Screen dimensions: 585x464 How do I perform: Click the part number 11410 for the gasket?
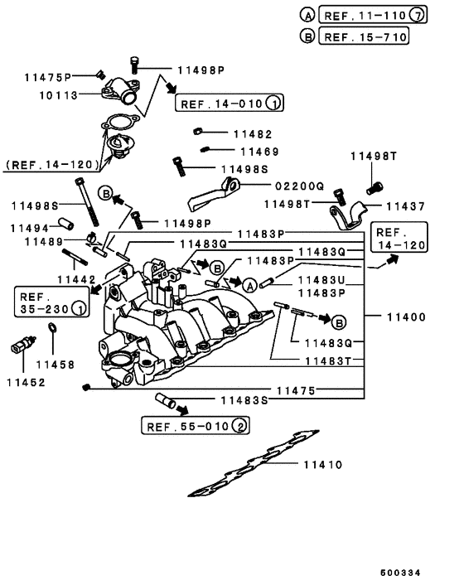[x=323, y=465]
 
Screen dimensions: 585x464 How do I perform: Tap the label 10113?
[x=58, y=95]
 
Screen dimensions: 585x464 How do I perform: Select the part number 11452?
[x=26, y=382]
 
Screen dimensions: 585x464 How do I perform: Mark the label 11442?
[x=75, y=280]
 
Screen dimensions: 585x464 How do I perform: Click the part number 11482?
[x=252, y=133]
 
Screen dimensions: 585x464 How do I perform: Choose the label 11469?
[x=259, y=152]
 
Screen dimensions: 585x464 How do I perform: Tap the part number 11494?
[x=30, y=225]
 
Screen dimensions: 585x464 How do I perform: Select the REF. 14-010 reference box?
[x=229, y=104]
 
